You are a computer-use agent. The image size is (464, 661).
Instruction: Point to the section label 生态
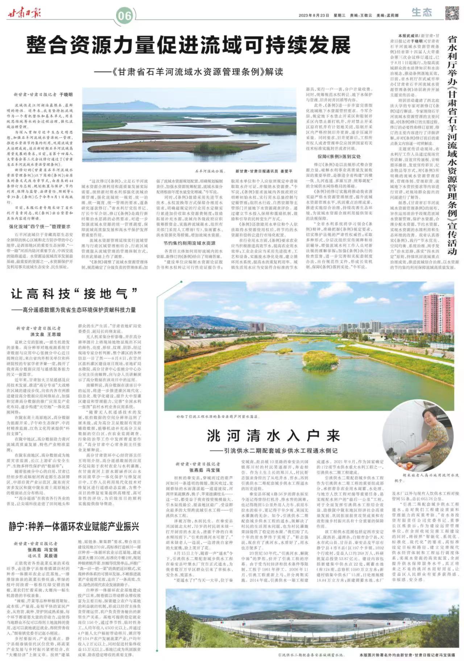(422, 13)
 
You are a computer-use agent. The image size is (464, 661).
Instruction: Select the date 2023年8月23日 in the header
(314, 16)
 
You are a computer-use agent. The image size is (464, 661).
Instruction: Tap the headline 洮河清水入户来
(273, 436)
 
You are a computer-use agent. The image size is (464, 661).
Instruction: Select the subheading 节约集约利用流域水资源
(190, 243)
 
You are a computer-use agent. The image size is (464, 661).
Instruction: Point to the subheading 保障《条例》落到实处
(339, 156)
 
